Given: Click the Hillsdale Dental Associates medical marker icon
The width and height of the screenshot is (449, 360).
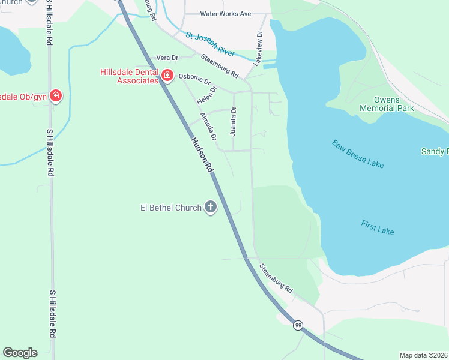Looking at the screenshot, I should click(167, 76).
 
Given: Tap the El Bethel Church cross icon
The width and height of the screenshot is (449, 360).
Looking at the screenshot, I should click(211, 208).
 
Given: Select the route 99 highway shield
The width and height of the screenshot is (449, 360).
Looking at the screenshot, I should click(298, 325).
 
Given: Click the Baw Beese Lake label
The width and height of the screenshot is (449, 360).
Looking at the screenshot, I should click(358, 154).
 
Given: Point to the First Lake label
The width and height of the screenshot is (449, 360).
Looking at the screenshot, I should click(378, 227).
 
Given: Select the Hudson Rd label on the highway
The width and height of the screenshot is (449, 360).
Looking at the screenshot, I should click(202, 155).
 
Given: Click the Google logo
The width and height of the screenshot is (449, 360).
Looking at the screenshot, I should click(20, 353).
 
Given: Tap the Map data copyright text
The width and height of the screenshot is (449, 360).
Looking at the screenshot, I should click(424, 355).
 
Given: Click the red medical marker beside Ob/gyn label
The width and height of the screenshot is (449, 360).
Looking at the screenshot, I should click(56, 95).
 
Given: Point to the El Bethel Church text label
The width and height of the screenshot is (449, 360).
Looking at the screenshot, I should click(171, 208).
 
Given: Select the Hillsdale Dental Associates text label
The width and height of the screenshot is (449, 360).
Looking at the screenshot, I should click(129, 76).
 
